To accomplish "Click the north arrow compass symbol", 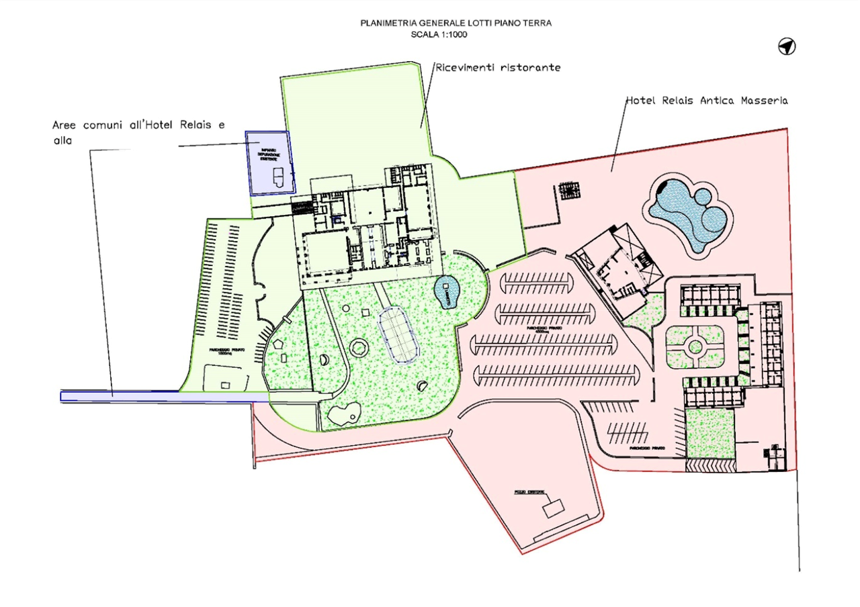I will coord(787,46).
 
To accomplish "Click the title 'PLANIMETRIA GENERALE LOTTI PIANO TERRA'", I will coord(457,24).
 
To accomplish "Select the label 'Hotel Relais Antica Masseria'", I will coord(708,101).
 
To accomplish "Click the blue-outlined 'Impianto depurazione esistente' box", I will coord(269,163).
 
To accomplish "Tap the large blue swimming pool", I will coord(688,214).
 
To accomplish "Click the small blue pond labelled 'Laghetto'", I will coord(446,292).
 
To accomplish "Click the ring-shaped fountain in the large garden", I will coord(359,348).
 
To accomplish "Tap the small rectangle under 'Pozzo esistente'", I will coord(554,508).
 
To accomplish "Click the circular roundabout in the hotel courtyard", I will coord(695,347).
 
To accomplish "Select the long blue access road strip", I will coord(155,397).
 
